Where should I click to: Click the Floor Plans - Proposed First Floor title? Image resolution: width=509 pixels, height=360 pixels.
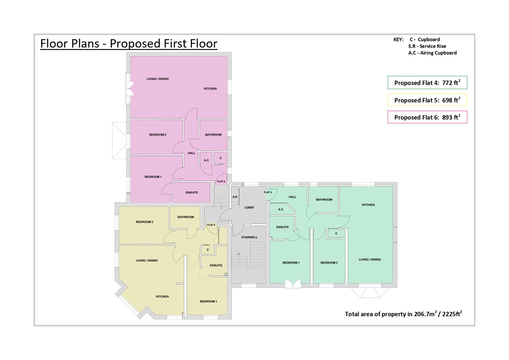tap(129, 43)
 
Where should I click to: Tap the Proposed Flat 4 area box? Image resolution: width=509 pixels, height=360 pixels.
tap(427, 82)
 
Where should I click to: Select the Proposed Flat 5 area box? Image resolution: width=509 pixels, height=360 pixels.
tap(427, 100)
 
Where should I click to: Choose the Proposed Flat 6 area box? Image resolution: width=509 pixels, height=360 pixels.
tap(427, 117)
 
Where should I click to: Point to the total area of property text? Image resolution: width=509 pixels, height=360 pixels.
tap(404, 313)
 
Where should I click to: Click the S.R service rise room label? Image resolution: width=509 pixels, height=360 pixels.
tap(235, 197)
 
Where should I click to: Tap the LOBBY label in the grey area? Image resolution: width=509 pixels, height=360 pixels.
tap(249, 207)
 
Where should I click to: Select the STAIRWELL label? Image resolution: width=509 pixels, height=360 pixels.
tap(249, 237)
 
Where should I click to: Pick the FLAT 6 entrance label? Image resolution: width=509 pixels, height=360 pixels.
tap(221, 181)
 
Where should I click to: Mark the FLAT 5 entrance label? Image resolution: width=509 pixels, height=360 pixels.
tap(211, 225)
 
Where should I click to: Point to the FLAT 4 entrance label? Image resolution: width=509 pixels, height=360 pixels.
tap(268, 192)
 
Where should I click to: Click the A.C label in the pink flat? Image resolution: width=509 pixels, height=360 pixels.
tap(206, 160)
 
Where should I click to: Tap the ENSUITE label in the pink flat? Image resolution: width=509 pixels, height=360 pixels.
tap(192, 192)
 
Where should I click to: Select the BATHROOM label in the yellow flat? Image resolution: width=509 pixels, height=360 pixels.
tap(186, 217)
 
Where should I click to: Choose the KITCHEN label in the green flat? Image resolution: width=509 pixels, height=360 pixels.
tap(368, 205)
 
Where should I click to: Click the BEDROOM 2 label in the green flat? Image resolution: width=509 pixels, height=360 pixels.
tap(329, 262)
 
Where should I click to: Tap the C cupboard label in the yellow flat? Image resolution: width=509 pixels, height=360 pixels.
tap(208, 250)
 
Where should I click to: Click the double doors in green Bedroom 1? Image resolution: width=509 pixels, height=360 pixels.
tap(293, 284)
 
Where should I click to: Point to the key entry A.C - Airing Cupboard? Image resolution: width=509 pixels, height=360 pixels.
tap(432, 53)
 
